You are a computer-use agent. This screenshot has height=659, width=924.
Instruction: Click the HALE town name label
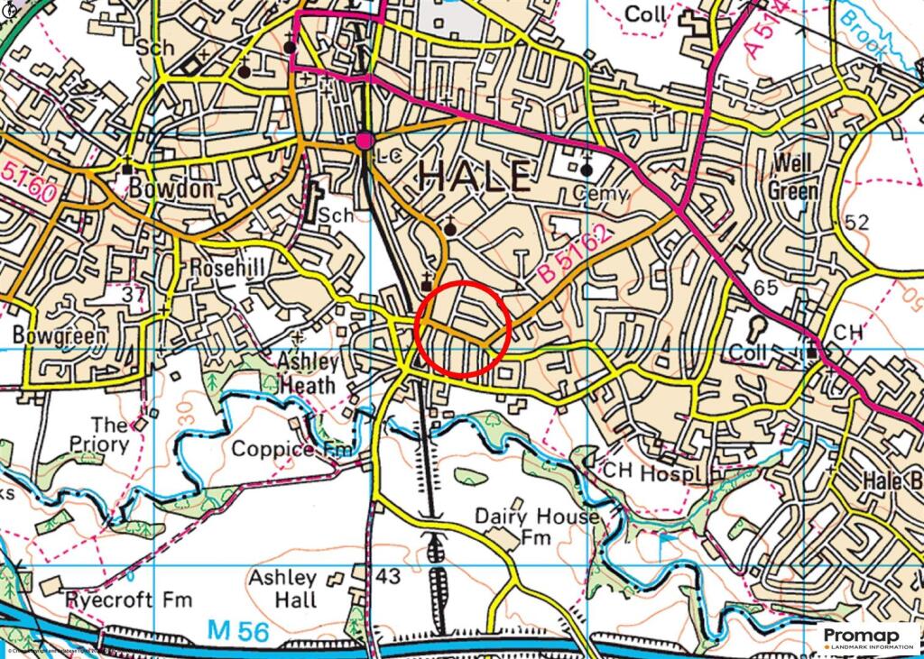click(x=474, y=176)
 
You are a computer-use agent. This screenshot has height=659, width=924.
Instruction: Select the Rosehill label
click(x=226, y=269)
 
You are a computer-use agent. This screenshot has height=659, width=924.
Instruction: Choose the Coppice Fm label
click(x=285, y=449)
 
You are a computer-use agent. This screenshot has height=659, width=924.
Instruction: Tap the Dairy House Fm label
click(x=536, y=526)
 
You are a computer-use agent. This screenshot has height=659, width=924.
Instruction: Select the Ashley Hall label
click(x=283, y=589)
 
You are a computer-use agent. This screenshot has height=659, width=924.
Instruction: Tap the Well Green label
click(x=793, y=178)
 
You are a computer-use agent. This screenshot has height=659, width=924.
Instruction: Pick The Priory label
click(x=110, y=434)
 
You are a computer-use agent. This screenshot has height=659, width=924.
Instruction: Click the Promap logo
click(x=870, y=639)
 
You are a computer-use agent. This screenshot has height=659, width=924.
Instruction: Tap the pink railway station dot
click(x=365, y=141)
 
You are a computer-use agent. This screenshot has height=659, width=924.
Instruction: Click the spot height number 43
click(x=388, y=575)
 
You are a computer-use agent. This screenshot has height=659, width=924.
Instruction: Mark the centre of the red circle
click(x=465, y=327)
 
